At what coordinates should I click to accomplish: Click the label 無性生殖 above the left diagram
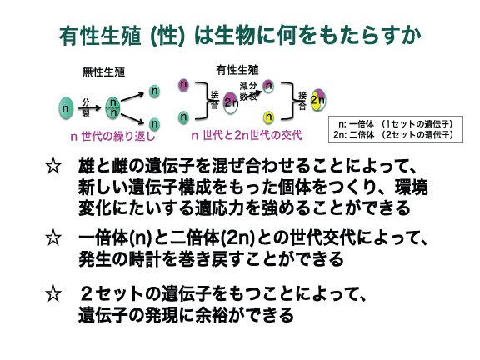click(x=103, y=72)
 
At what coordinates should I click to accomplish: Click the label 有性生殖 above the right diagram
click(x=237, y=70)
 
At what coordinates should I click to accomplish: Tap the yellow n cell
click(x=268, y=117)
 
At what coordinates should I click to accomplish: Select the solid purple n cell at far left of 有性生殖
click(x=183, y=84)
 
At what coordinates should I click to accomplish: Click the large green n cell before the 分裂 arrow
click(x=66, y=108)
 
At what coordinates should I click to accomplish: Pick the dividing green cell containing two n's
click(x=113, y=108)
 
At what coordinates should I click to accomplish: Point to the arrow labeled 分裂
click(x=89, y=108)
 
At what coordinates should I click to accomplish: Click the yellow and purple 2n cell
click(x=318, y=100)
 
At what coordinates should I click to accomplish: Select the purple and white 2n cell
click(x=231, y=103)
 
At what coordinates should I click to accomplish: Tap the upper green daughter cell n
click(x=155, y=91)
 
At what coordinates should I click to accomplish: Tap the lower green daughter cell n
click(x=155, y=124)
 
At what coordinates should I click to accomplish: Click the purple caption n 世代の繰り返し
click(x=112, y=136)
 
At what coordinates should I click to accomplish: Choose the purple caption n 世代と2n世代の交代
click(x=247, y=135)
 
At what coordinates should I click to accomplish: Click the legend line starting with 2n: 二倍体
click(x=393, y=135)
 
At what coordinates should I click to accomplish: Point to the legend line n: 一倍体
click(x=396, y=124)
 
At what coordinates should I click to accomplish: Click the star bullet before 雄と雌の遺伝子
click(x=53, y=166)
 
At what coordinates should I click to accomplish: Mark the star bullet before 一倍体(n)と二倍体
click(x=53, y=237)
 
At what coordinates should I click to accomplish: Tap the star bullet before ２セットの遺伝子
click(x=53, y=293)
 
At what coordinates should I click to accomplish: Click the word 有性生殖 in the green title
click(x=100, y=36)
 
